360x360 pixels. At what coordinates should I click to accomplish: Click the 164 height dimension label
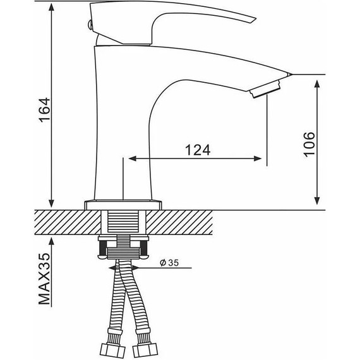coord(45,110)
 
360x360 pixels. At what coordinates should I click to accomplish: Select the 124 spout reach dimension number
coord(198,150)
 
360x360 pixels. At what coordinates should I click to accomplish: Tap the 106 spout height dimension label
coord(309,145)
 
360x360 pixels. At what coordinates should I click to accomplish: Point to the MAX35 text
coord(44,279)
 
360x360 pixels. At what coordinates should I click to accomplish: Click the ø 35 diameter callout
coord(169,263)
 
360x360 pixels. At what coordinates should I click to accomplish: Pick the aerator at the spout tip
coord(266,89)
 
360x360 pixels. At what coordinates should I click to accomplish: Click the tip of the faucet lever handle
coord(255,19)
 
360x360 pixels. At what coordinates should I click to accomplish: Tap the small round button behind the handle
coord(90,25)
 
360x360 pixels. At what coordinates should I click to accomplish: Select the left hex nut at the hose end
coord(113,351)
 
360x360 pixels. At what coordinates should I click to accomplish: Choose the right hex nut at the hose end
coord(145,351)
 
